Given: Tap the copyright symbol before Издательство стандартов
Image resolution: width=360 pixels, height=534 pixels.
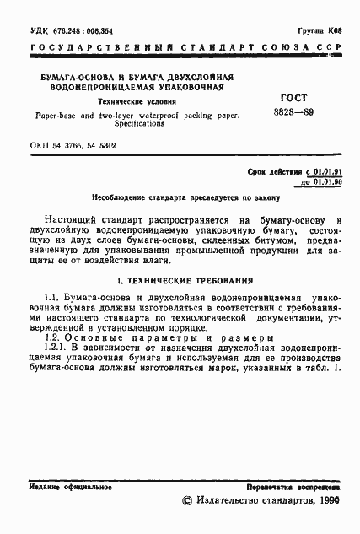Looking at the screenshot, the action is click(x=186, y=501).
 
